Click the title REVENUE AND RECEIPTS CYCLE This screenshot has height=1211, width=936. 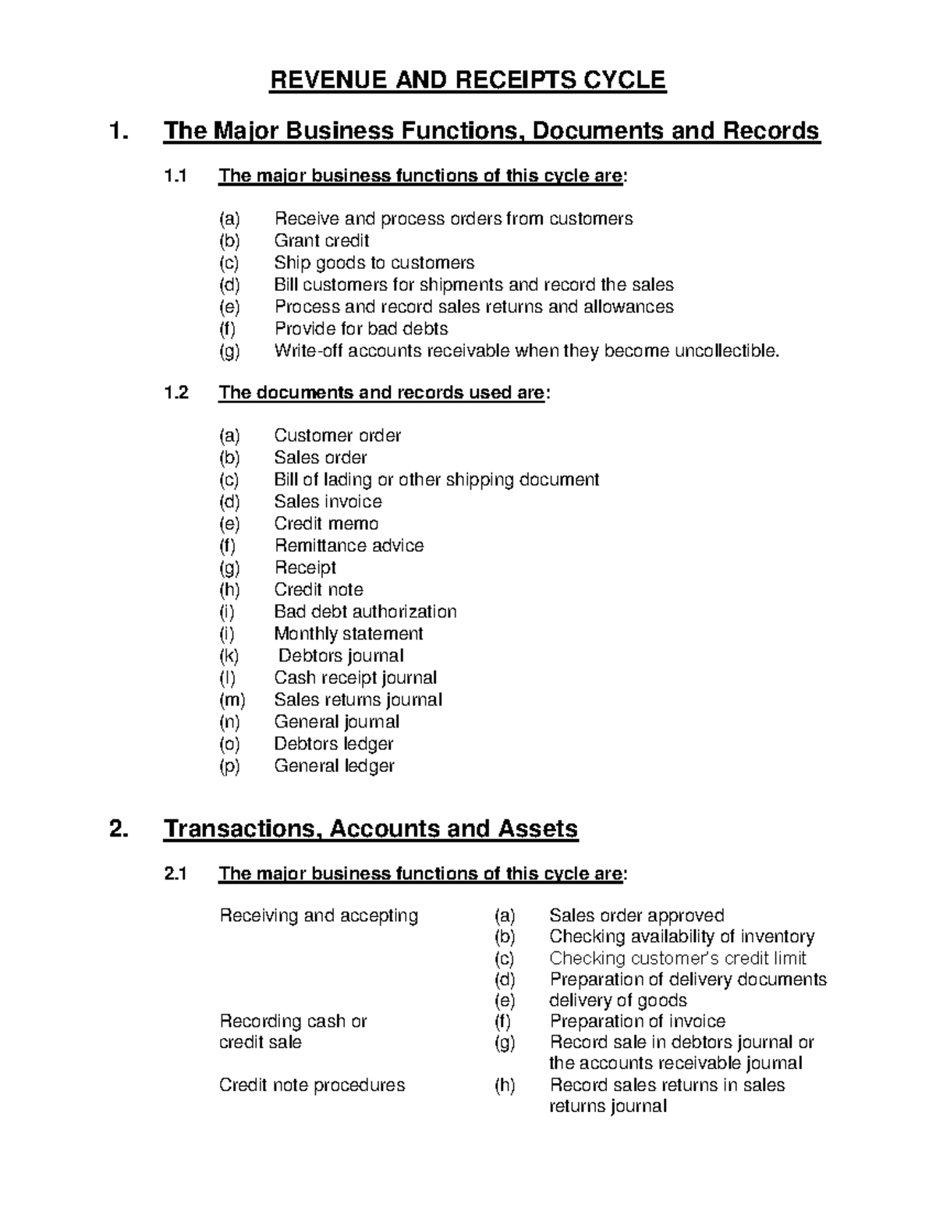point(467,80)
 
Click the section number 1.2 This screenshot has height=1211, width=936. point(176,392)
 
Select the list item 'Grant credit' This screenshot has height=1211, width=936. point(321,241)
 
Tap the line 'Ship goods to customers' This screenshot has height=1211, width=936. point(374,263)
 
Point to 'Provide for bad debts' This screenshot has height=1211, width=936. point(361,329)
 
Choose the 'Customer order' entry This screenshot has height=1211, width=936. point(337,436)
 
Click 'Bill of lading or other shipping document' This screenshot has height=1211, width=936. point(436,480)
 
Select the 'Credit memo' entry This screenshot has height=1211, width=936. point(326,524)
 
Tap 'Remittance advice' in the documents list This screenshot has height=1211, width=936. point(349,546)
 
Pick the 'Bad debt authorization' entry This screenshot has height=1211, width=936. point(365,611)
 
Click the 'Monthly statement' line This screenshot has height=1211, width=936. point(348,634)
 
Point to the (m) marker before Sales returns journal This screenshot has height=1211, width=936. point(231,700)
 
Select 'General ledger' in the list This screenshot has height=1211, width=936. point(334,766)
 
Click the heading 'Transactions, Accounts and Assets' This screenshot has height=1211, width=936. point(370,829)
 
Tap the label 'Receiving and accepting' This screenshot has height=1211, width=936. point(319,915)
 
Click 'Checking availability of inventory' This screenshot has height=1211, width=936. point(682,937)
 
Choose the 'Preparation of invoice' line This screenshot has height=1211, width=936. point(637,1022)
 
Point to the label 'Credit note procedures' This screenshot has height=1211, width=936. point(312,1085)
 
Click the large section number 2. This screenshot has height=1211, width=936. point(118,829)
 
